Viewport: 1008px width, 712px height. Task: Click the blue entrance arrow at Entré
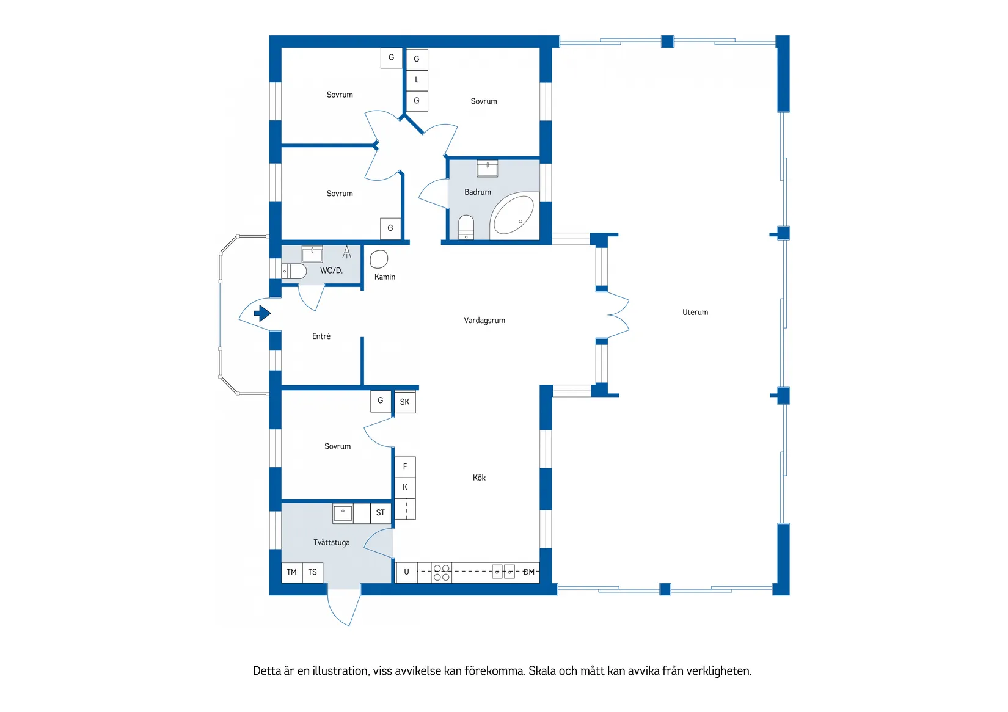[x=262, y=313]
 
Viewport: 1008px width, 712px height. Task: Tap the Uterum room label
[x=695, y=312]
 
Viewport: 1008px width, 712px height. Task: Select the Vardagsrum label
[x=484, y=320]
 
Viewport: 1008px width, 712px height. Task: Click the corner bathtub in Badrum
[x=514, y=214]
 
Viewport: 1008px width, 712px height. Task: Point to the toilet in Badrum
[x=466, y=227]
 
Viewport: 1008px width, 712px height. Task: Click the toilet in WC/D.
[x=294, y=271]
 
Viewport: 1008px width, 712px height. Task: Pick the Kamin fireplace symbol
[x=379, y=259]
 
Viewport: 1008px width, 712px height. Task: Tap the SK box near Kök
[x=404, y=402]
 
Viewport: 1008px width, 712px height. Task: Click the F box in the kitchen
[x=405, y=467]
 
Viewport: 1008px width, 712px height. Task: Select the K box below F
[x=405, y=487]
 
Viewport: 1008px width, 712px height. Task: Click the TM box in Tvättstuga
[x=291, y=572]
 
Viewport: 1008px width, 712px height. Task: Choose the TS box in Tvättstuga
[x=313, y=572]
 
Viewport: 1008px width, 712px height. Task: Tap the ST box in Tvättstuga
[x=381, y=513]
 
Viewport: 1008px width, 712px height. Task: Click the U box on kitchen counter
[x=406, y=572]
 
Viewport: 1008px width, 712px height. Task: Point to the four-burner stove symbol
[x=442, y=573]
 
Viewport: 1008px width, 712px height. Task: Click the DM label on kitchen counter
[x=529, y=572]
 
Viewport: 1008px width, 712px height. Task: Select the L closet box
[x=417, y=80]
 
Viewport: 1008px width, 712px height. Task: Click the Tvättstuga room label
[x=331, y=542]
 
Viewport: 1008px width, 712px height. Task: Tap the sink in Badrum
[x=487, y=168]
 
